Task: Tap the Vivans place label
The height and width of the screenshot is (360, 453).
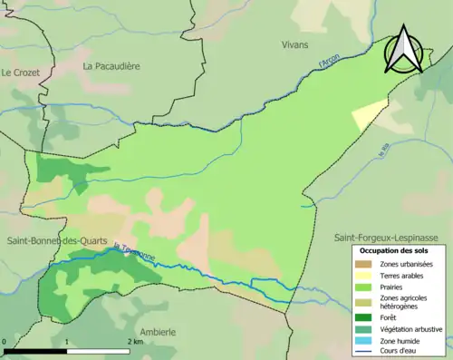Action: (x=294, y=44)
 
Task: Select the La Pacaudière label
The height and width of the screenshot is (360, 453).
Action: (x=114, y=66)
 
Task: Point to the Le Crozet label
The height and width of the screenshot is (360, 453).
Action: (x=19, y=72)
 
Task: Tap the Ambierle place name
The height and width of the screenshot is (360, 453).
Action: (x=158, y=332)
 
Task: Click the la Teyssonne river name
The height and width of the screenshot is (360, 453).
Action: (x=136, y=251)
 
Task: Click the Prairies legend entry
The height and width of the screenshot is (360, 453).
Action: (x=396, y=289)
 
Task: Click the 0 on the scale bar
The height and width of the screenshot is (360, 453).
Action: (x=5, y=343)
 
